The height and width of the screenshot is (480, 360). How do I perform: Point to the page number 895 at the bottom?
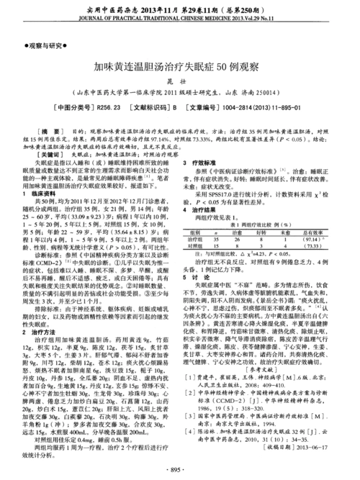pos(179,469)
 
